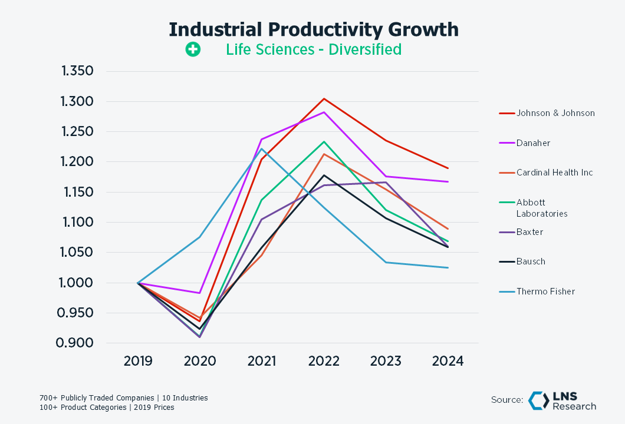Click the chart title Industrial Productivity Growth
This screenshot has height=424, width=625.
tap(313, 29)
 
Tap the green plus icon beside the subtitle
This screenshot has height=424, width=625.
tap(193, 49)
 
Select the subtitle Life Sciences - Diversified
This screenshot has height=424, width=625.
tap(313, 49)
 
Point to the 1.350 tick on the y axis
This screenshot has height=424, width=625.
tap(78, 72)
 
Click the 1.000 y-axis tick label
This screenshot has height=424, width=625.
tap(78, 283)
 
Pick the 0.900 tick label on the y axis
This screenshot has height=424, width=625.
tap(78, 343)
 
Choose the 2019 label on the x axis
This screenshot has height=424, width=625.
tap(138, 361)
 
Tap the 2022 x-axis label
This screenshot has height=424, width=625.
tap(323, 361)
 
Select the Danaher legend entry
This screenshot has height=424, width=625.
tap(534, 143)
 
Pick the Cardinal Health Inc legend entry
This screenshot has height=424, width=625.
tap(554, 173)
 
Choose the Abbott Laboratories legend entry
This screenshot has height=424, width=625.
tap(542, 208)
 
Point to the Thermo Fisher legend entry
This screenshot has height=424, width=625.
tap(545, 291)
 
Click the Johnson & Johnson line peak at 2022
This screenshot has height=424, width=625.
tap(324, 98)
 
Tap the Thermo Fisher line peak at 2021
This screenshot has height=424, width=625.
tap(262, 148)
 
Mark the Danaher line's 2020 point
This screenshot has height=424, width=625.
tap(200, 293)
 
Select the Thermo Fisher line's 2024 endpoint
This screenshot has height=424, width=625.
tap(448, 268)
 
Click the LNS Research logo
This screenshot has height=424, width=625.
tap(562, 400)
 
